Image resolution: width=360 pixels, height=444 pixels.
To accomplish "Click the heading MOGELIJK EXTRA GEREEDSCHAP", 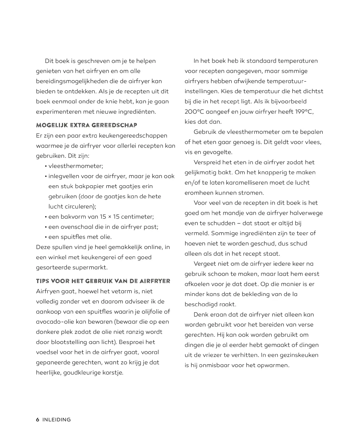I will pyautogui.click(x=87, y=125).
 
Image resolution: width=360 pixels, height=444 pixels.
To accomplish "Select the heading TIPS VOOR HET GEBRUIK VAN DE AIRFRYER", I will pyautogui.click(x=103, y=281).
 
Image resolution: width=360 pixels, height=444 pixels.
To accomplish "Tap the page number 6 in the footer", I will pyautogui.click(x=38, y=420).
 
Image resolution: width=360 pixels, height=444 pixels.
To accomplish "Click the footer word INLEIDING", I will pyautogui.click(x=57, y=420).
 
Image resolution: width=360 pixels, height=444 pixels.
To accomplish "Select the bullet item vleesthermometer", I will pyautogui.click(x=76, y=166).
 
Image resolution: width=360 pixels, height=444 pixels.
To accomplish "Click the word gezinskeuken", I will pyautogui.click(x=299, y=355).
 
